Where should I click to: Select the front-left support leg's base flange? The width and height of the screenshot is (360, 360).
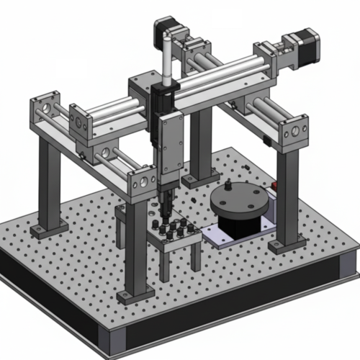(x=135, y=294)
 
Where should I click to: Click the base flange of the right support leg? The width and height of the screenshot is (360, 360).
(x=287, y=246)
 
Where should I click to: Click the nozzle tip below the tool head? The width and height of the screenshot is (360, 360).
(x=163, y=215)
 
